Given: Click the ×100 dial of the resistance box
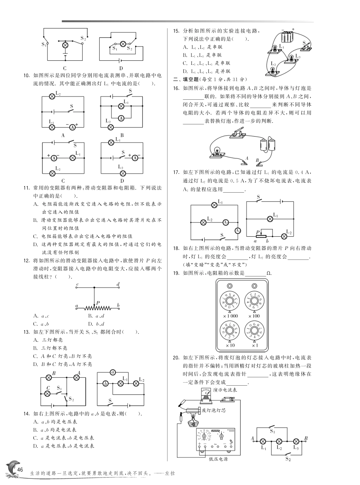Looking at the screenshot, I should pos(253,301).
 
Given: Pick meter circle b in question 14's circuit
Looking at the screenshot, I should pos(106,384).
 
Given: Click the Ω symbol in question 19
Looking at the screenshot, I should pos(269,273).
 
